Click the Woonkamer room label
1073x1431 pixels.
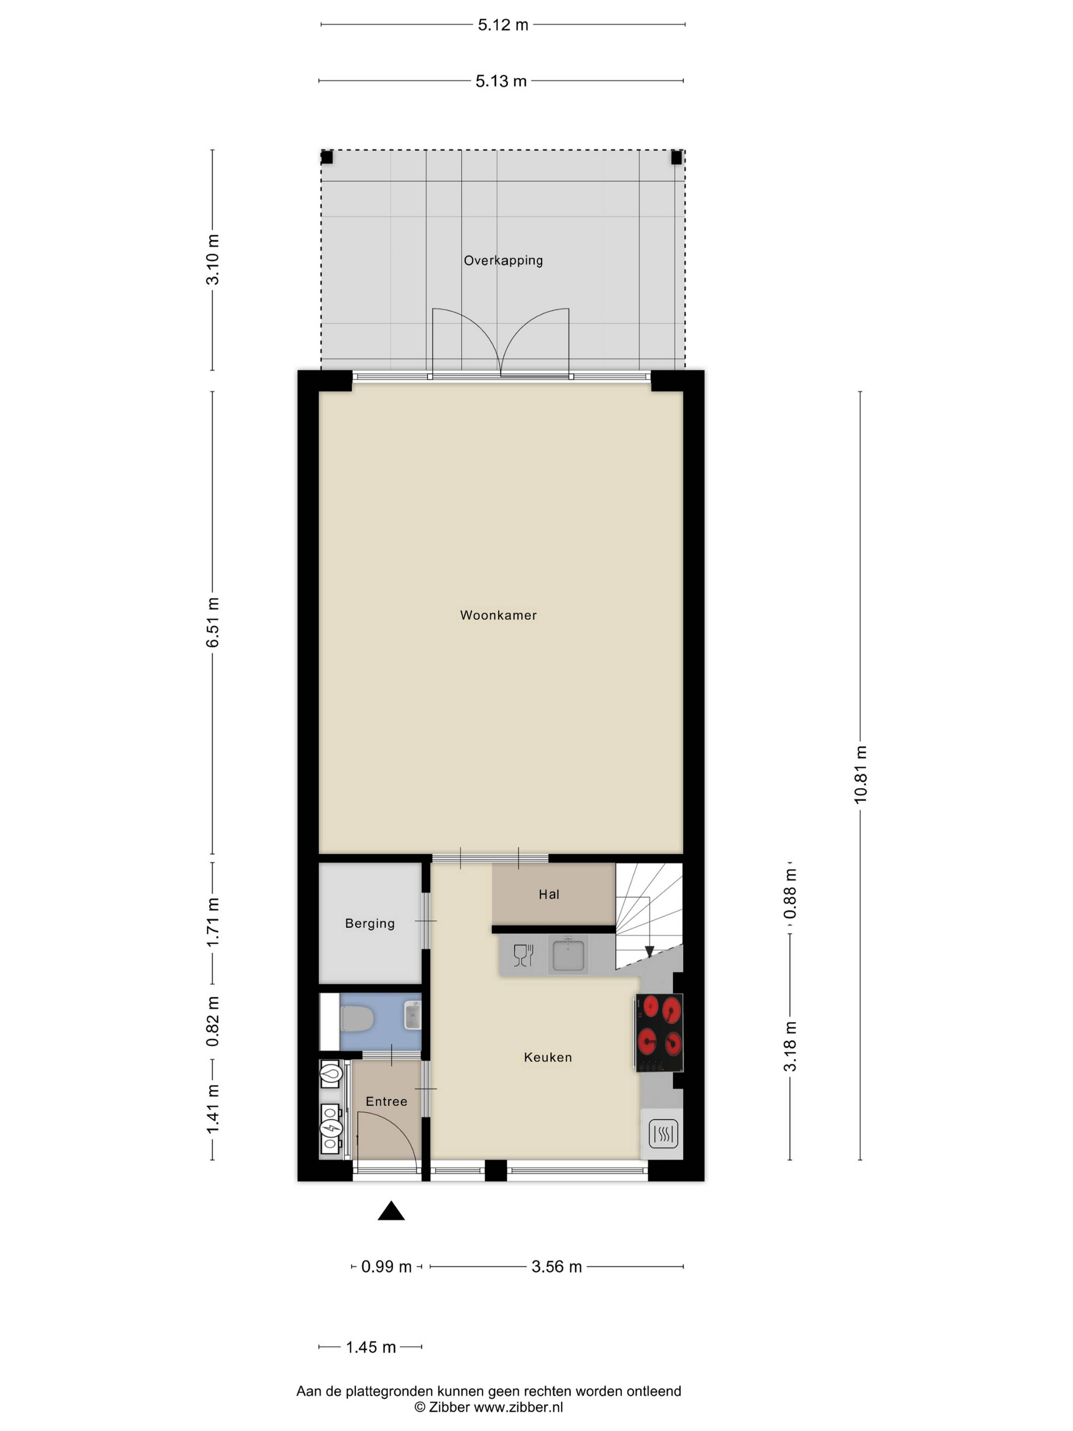[498, 615]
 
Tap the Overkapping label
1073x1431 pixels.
[503, 261]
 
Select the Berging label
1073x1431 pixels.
[370, 924]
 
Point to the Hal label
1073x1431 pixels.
[549, 895]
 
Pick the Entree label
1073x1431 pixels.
[386, 1102]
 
